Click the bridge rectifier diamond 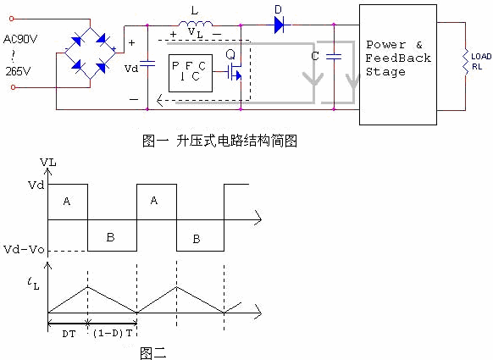tap(92, 53)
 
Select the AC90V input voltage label tap(21, 39)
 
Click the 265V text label tap(18, 71)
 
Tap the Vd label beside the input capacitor tap(130, 66)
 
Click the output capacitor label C tap(314, 56)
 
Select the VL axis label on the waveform tap(48, 161)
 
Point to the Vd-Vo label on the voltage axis tap(28, 251)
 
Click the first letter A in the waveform tap(67, 201)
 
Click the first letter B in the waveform tap(111, 238)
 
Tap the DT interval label tap(67, 334)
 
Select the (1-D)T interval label tap(112, 334)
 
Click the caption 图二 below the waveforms tap(152, 352)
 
